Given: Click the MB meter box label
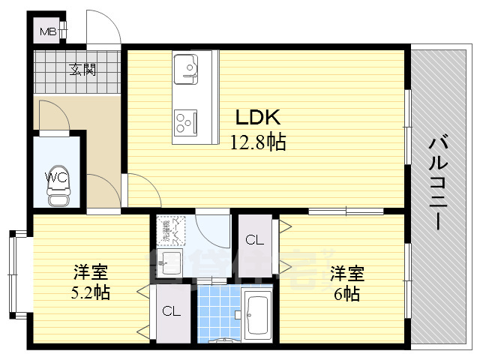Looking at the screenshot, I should point(48,31).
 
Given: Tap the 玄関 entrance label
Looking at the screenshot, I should point(83,71).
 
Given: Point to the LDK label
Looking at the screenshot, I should point(258,117).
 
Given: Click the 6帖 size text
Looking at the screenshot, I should point(346,294).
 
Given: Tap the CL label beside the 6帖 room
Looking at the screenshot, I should point(255,241).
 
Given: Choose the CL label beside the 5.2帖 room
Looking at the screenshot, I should point(169,311).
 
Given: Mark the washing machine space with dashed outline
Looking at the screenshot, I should point(168,230).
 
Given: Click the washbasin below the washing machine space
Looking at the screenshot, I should point(170,263).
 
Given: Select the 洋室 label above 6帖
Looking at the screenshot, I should point(347,272).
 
